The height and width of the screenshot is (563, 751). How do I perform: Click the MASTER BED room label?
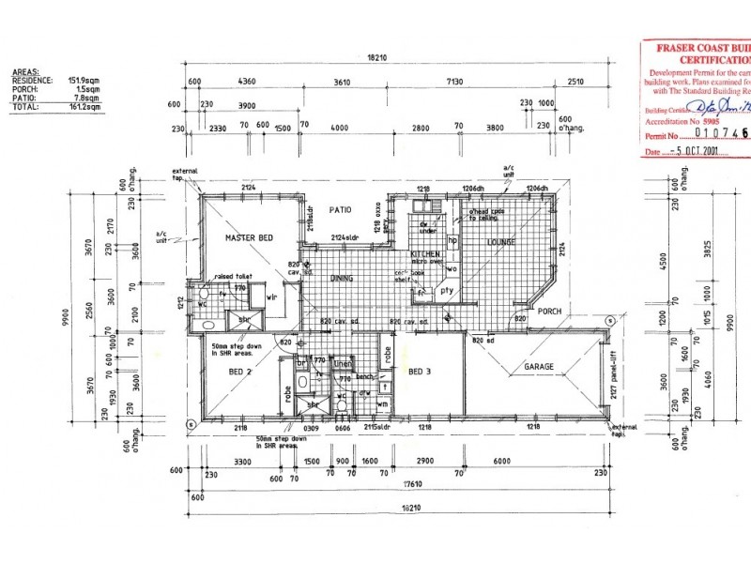point(249,239)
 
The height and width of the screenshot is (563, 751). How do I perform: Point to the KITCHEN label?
point(425,255)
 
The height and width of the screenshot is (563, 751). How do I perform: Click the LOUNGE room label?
point(501,242)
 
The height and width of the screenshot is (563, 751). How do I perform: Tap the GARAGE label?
point(539,367)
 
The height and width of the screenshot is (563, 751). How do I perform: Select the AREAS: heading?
point(24,72)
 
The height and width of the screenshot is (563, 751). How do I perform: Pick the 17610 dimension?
point(404,485)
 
